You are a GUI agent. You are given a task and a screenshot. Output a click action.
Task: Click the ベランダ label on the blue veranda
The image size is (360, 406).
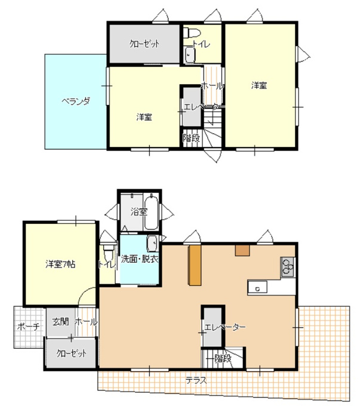click(x=76, y=101)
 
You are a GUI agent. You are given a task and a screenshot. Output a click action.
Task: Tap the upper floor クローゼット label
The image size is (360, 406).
click(x=144, y=44)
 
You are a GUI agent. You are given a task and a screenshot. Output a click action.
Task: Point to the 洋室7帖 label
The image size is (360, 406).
click(x=60, y=264)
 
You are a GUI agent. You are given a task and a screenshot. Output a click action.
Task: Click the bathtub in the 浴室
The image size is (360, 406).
click(x=151, y=213)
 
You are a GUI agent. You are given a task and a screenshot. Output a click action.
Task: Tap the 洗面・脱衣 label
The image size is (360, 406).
click(x=139, y=259)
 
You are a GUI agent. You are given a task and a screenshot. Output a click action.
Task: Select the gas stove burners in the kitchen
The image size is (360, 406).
click(x=288, y=267)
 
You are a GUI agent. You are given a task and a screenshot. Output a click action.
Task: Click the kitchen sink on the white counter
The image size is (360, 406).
click(x=257, y=287)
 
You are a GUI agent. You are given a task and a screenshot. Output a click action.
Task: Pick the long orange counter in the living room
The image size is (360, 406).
click(x=195, y=265)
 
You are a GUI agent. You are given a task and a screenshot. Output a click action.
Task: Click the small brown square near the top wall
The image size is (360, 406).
click(x=242, y=250)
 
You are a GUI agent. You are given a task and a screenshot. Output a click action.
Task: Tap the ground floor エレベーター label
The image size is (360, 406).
click(x=224, y=327)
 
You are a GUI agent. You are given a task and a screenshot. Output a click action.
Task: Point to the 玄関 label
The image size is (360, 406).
click(x=61, y=322)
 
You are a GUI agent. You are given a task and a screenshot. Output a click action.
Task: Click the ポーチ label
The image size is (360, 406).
click(x=29, y=327)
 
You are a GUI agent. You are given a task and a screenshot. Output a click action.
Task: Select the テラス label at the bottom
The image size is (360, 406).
click(x=196, y=381)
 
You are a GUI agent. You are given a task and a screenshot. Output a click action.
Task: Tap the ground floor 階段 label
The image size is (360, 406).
click(x=223, y=359)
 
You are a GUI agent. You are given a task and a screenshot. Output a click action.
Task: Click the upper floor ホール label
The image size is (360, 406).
click(x=212, y=86)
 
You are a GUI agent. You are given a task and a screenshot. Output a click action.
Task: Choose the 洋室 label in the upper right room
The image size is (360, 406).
click(x=259, y=85)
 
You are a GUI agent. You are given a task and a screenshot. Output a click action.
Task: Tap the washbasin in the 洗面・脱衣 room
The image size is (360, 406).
click(x=153, y=244)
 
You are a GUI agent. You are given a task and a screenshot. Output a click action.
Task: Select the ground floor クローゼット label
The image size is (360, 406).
click(x=71, y=353)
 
